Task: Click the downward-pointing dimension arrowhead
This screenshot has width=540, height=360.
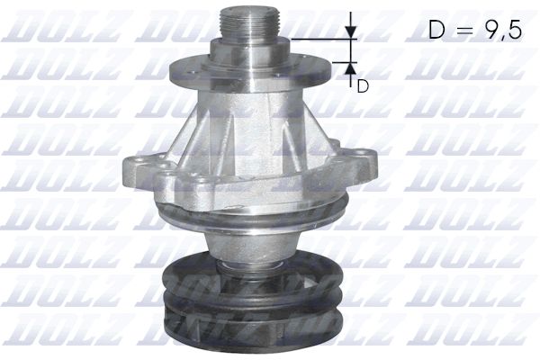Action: click(x=351, y=32)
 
